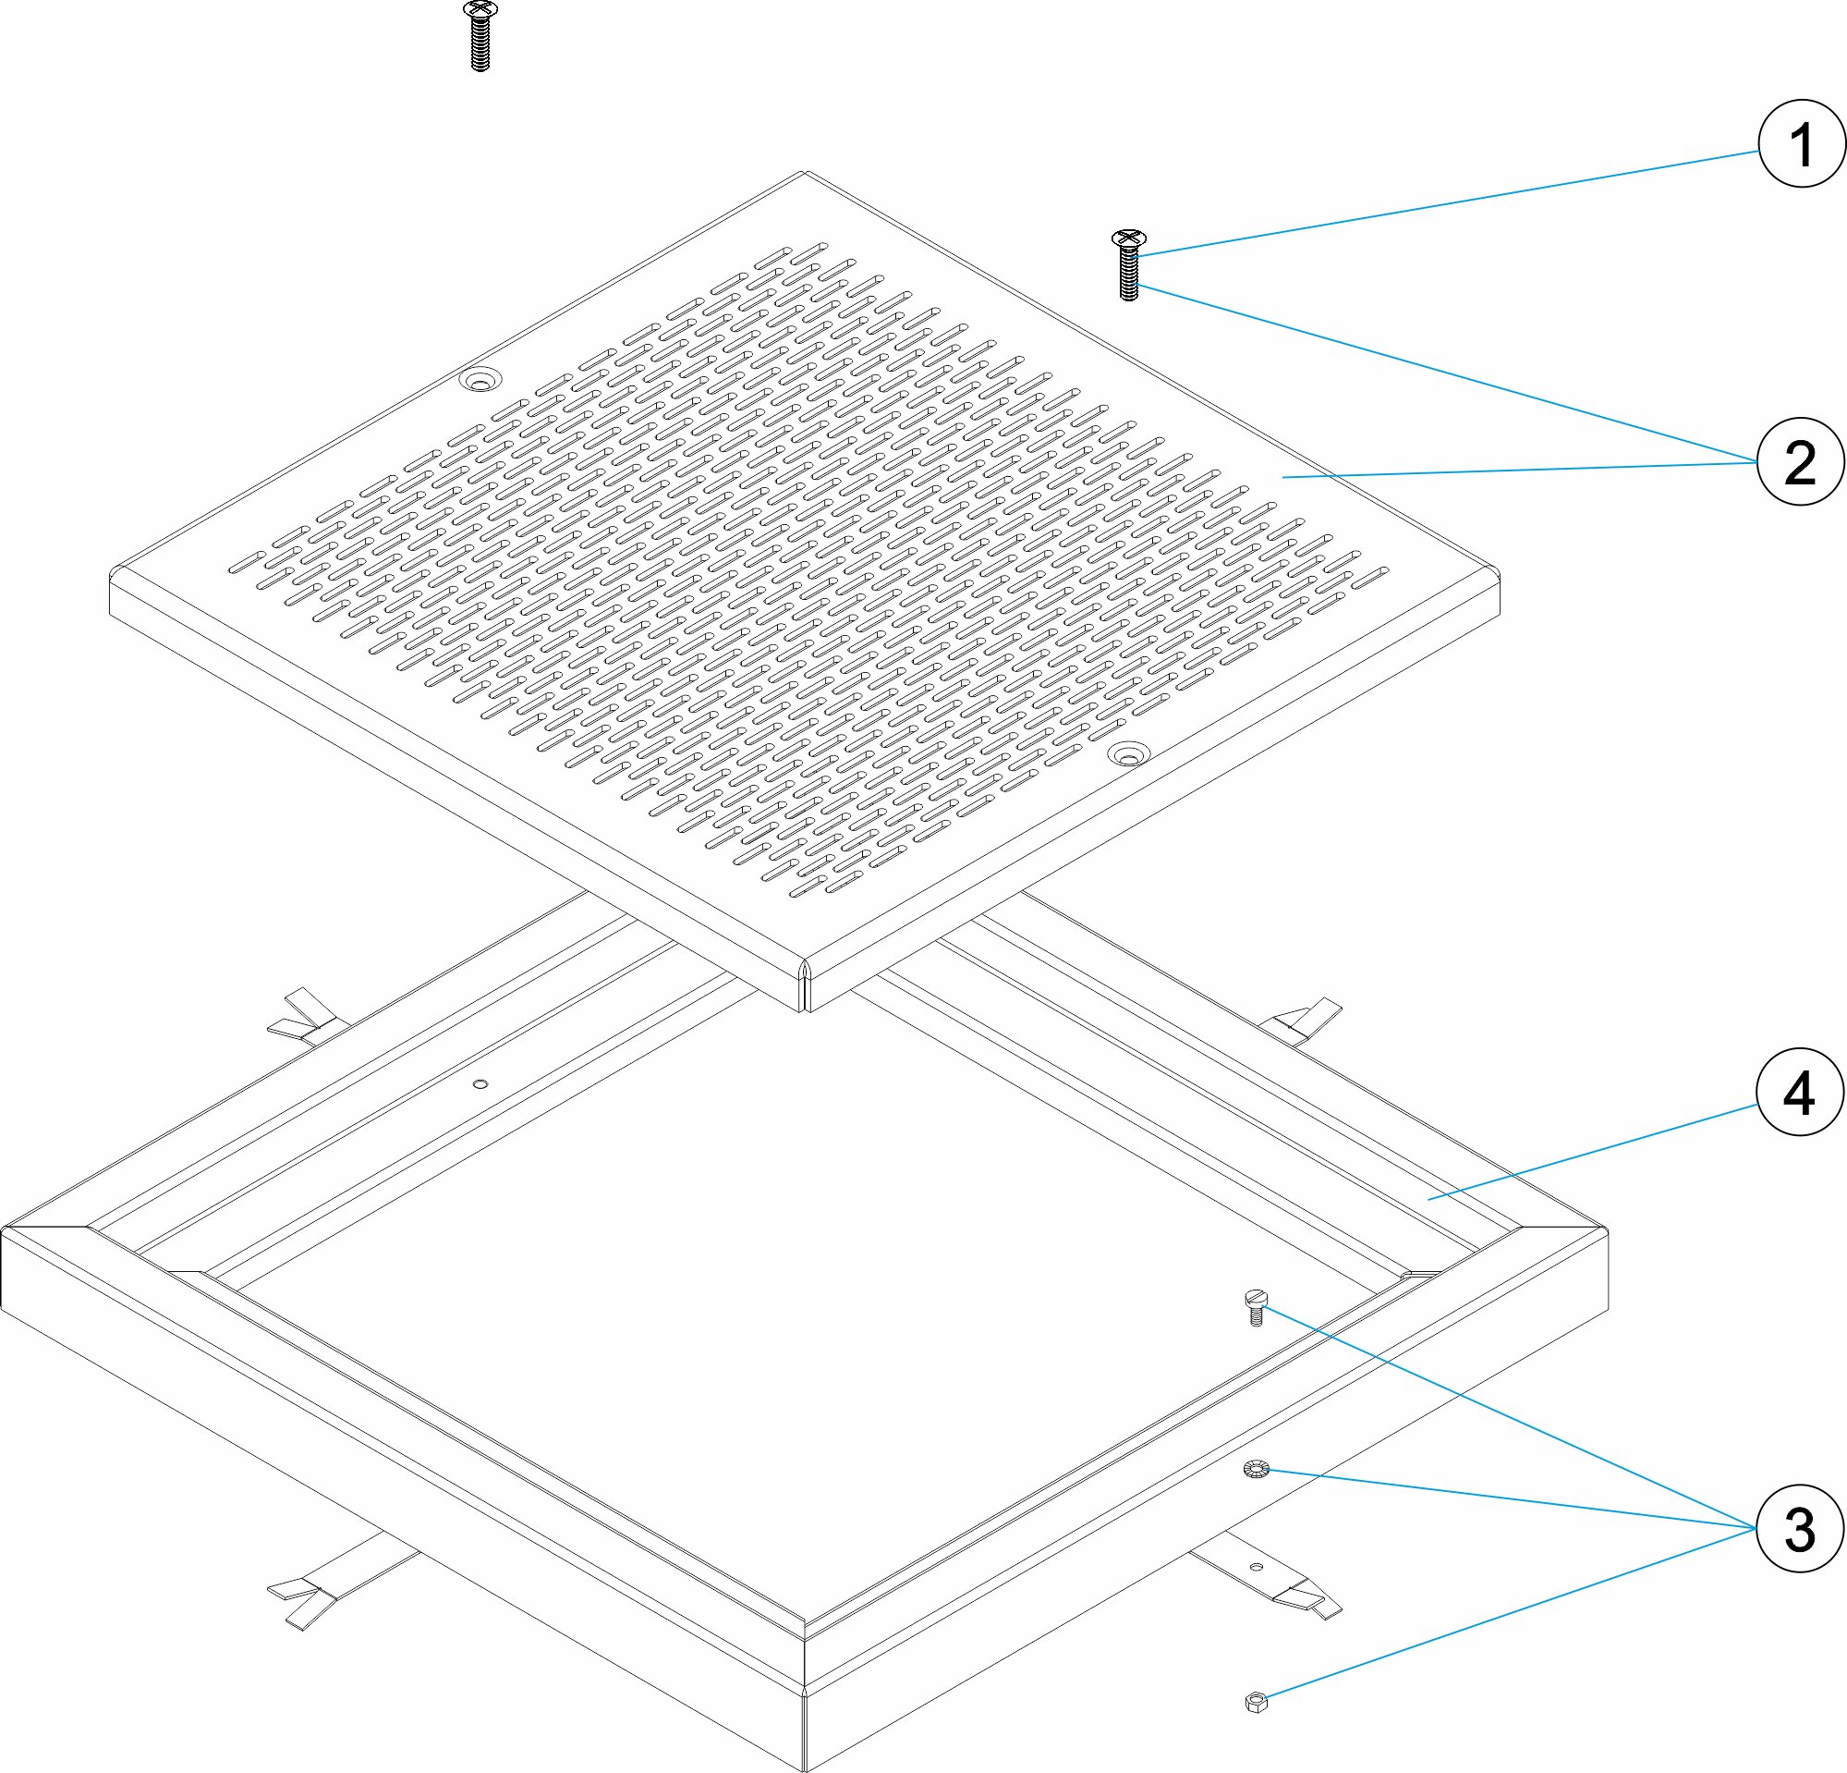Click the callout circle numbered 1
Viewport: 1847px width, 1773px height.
[x=1801, y=144]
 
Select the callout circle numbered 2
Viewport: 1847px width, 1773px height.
[x=1800, y=462]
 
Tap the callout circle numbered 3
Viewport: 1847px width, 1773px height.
[x=1800, y=1528]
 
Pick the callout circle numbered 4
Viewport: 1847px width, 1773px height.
[x=1800, y=1094]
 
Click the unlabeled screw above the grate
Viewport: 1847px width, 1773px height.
[x=480, y=37]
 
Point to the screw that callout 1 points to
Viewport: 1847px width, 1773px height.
[x=1129, y=265]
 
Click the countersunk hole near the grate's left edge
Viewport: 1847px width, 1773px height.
[x=480, y=380]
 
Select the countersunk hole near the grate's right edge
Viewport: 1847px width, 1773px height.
[x=1129, y=753]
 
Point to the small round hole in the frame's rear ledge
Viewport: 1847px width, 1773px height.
[x=480, y=1085]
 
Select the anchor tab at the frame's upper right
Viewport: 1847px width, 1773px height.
[x=1305, y=1020]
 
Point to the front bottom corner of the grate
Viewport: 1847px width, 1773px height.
[x=804, y=1011]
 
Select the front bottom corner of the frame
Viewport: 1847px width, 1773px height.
[x=805, y=1771]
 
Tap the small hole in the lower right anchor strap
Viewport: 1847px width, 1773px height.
[x=1256, y=1568]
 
